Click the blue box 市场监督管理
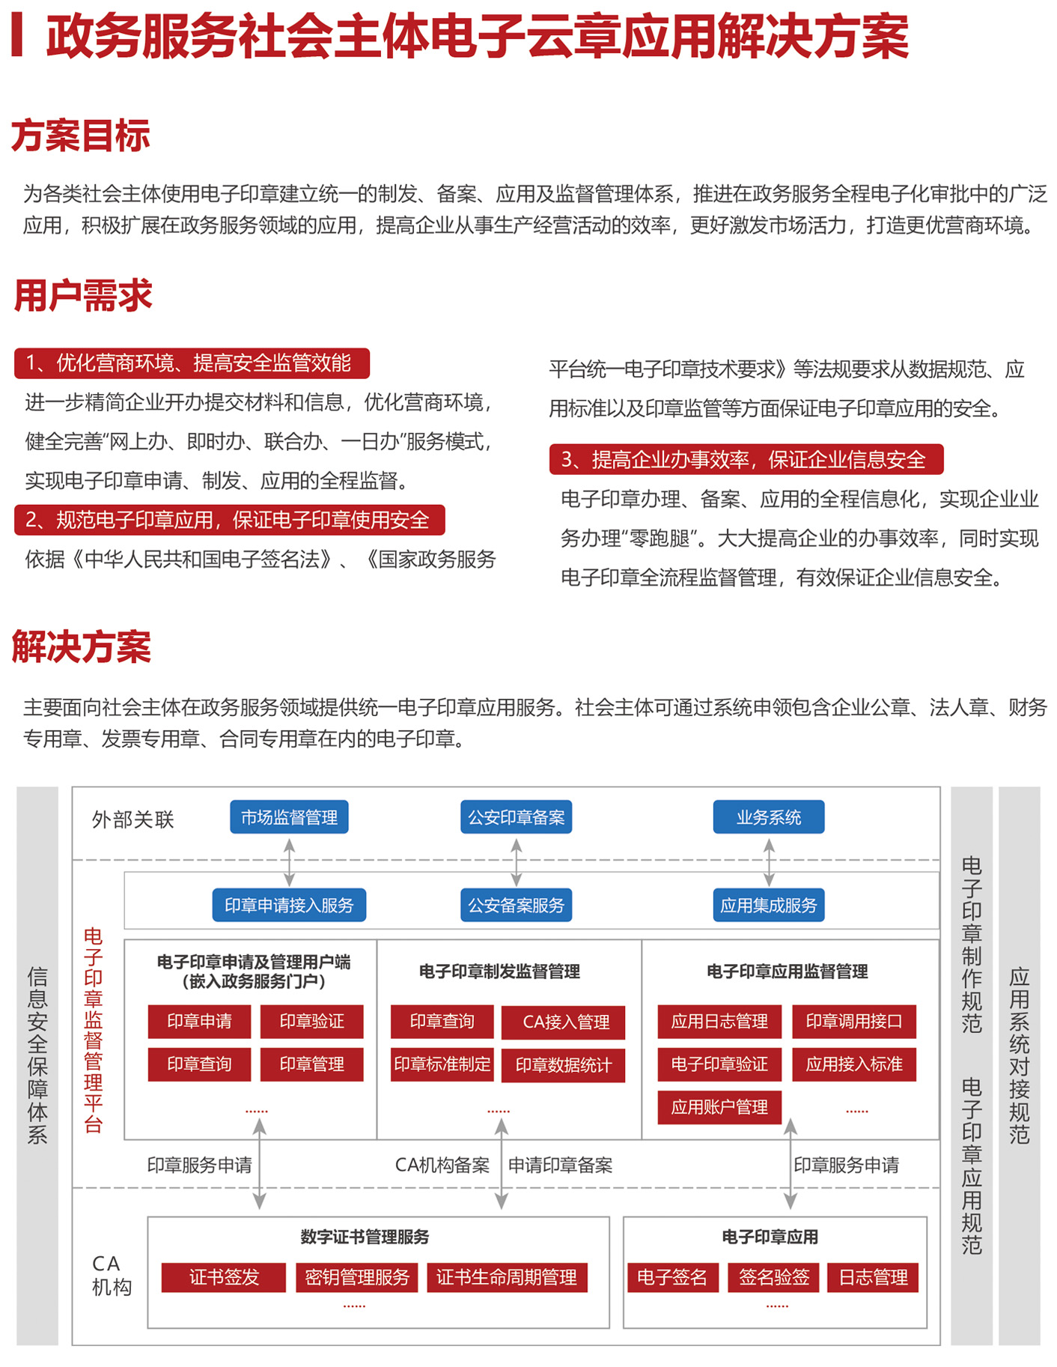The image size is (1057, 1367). [289, 817]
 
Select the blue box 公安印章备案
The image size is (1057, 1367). [516, 817]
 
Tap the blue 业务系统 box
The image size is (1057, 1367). [769, 817]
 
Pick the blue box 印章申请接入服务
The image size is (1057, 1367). [289, 905]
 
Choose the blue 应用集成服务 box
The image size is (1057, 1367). [769, 905]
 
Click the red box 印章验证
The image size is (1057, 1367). [311, 1021]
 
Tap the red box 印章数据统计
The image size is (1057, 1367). [563, 1065]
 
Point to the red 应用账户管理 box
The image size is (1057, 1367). [719, 1107]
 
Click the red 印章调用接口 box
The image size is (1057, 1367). [854, 1021]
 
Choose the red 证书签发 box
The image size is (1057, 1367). [224, 1277]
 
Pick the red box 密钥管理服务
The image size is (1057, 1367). [357, 1277]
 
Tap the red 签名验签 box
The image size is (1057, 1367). [774, 1277]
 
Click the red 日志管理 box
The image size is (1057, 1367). [873, 1277]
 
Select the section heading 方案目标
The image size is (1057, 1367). [81, 136]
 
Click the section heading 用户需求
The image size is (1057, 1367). [83, 295]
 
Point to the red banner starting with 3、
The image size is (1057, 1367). [746, 459]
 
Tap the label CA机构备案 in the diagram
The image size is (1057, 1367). [442, 1165]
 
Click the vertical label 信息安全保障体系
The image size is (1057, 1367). [37, 1056]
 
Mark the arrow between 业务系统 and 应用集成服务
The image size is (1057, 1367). [769, 861]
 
